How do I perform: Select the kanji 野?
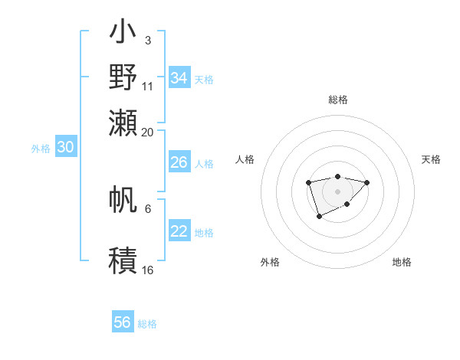(x=123, y=77)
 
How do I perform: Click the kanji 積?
(x=123, y=260)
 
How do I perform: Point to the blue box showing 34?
(x=179, y=78)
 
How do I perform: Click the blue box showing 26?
(x=179, y=162)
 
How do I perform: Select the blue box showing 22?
(x=179, y=231)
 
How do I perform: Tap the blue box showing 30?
(x=65, y=148)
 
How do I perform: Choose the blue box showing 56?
(x=123, y=322)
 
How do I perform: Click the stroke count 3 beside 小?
(x=148, y=38)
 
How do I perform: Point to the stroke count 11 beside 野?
(x=148, y=86)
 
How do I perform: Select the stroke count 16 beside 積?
(x=148, y=270)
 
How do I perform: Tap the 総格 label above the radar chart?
(x=338, y=100)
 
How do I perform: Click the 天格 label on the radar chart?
(x=431, y=159)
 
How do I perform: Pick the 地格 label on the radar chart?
(x=402, y=262)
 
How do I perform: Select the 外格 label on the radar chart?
(x=270, y=262)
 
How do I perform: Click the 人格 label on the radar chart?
(x=245, y=159)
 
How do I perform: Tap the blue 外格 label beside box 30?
(x=41, y=149)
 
